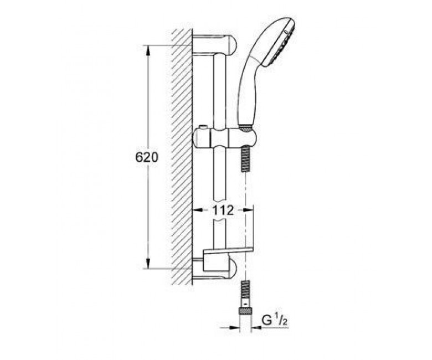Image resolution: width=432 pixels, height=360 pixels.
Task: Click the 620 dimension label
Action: [147, 157]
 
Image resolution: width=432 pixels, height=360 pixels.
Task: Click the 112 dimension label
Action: [223, 210]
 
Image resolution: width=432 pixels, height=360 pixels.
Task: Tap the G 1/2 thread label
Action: [274, 321]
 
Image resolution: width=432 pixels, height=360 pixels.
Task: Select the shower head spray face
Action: [279, 43]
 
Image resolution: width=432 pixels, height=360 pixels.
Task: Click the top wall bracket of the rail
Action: [214, 44]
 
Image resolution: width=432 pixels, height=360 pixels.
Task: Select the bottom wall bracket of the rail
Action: [214, 268]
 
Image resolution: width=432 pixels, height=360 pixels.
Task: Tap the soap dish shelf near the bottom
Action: [228, 251]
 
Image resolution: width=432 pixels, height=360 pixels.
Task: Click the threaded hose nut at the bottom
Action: [245, 312]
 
